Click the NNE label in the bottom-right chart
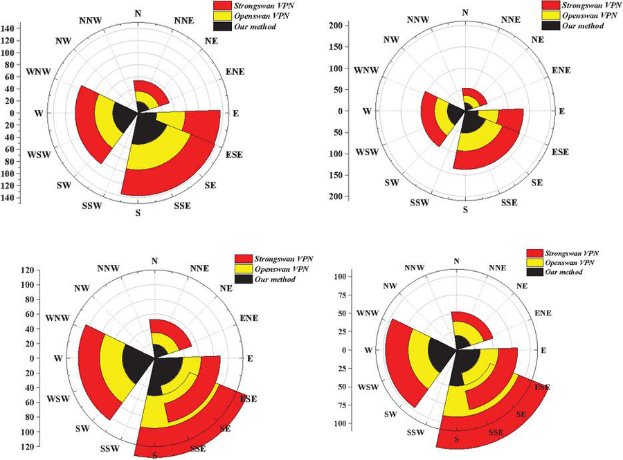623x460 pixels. [497, 268]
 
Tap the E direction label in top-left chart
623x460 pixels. [235, 113]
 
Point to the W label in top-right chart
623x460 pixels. [368, 111]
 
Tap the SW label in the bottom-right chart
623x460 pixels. [390, 414]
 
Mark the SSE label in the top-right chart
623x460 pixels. [510, 202]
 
